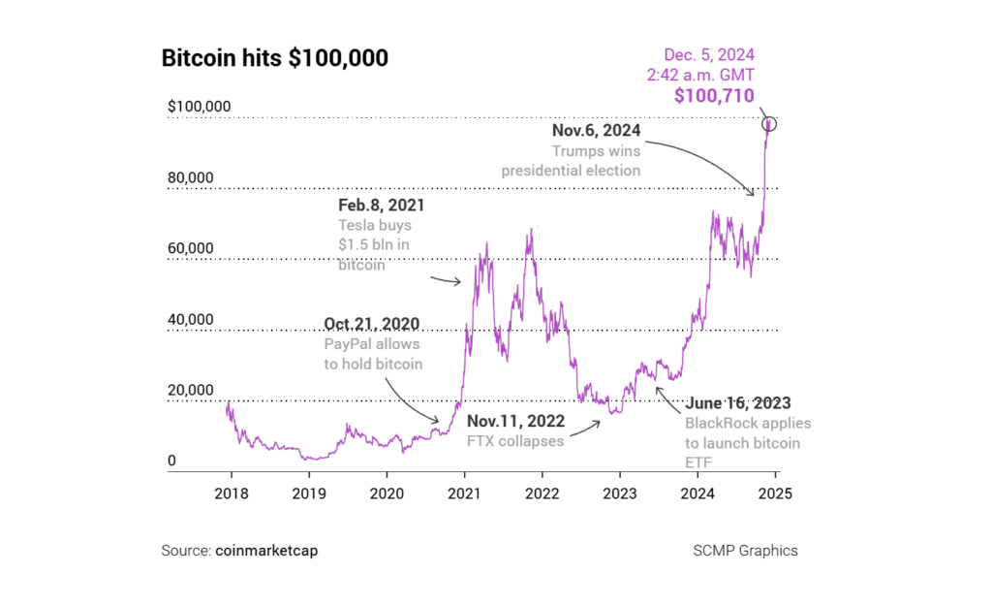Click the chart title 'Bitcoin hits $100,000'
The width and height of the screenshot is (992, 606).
pos(274,58)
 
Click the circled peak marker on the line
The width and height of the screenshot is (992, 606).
pos(769,124)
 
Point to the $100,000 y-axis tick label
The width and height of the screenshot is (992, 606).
pos(199,106)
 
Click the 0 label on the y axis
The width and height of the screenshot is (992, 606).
pos(171,461)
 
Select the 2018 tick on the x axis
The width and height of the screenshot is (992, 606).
pos(231,493)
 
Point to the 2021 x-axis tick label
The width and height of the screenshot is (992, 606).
pos(464,493)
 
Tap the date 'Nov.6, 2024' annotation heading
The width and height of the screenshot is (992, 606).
pos(596,130)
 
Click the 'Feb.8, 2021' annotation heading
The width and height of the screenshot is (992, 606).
pos(381,206)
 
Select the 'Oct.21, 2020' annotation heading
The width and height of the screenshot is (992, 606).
pos(373,323)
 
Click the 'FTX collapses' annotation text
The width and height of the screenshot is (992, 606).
pos(515,441)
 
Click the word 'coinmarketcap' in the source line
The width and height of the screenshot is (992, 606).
pos(265,551)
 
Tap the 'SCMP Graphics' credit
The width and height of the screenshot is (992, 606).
pos(745,551)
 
